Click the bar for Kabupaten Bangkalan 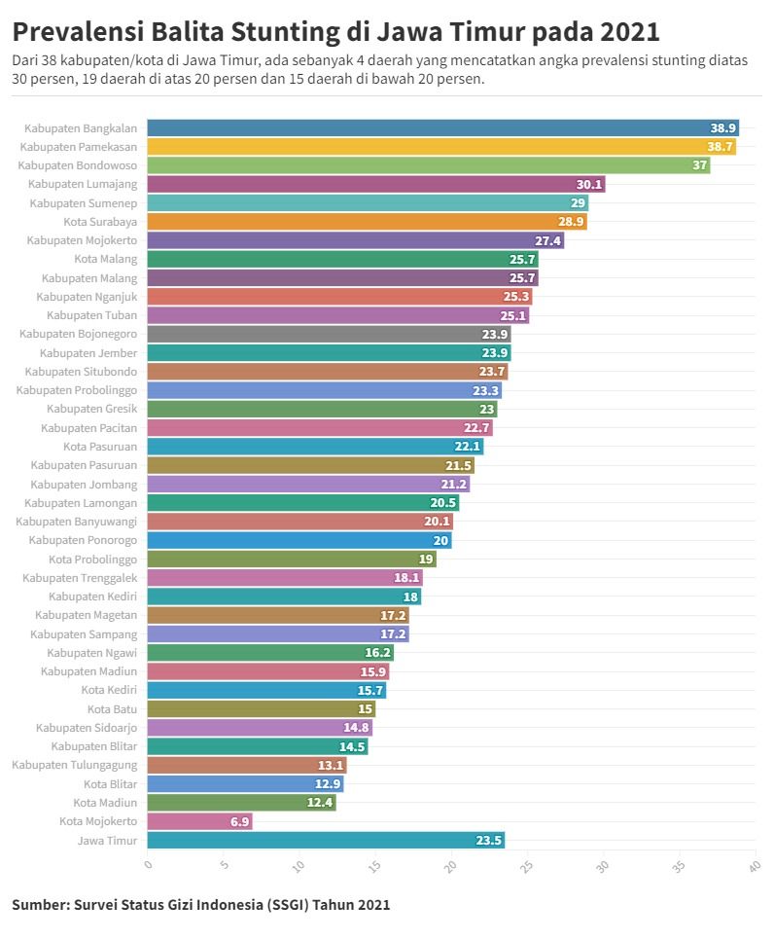point(442,127)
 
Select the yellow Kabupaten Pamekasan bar point(441,147)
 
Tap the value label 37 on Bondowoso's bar point(700,165)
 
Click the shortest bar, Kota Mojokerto point(199,822)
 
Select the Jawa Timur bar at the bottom point(326,841)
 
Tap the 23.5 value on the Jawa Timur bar point(489,841)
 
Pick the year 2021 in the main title point(629,32)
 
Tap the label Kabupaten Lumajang point(83,184)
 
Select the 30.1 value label point(589,184)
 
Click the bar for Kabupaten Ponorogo point(299,541)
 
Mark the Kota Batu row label point(112,709)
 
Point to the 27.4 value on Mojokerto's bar point(548,240)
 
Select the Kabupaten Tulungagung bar point(247,766)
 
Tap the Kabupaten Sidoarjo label point(87,728)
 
